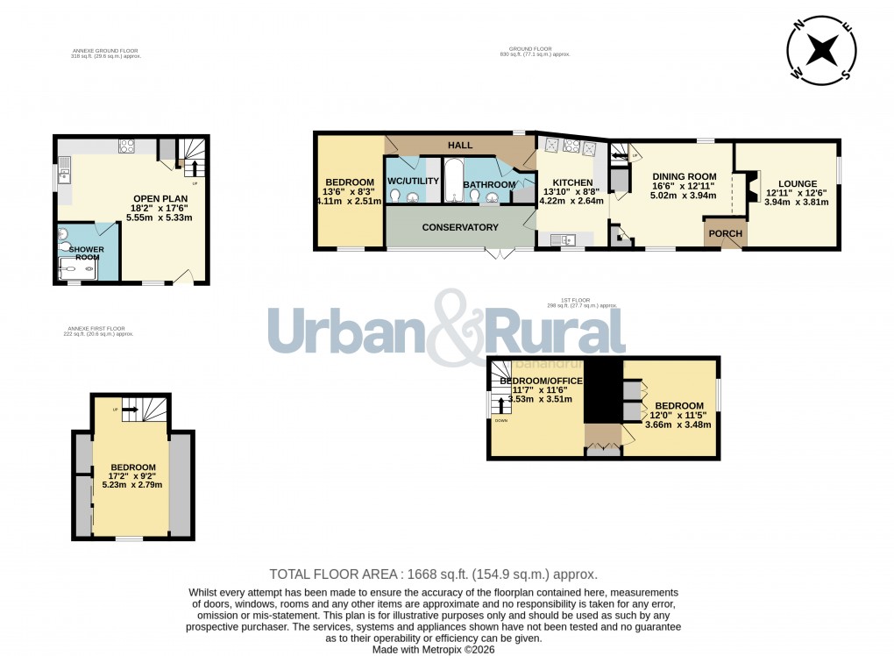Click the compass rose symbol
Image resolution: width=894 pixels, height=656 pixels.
click(822, 51)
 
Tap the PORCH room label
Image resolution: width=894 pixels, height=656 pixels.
click(725, 233)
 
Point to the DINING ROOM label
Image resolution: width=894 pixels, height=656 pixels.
click(685, 175)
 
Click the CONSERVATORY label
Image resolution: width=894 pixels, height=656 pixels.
click(460, 227)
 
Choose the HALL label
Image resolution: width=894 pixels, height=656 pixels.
click(460, 145)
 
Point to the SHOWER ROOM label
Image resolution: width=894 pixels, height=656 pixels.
click(87, 254)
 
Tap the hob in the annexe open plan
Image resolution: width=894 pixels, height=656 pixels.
click(126, 146)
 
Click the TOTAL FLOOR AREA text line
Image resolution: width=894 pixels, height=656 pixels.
click(433, 574)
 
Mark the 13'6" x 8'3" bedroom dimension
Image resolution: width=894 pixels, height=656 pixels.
click(349, 192)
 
